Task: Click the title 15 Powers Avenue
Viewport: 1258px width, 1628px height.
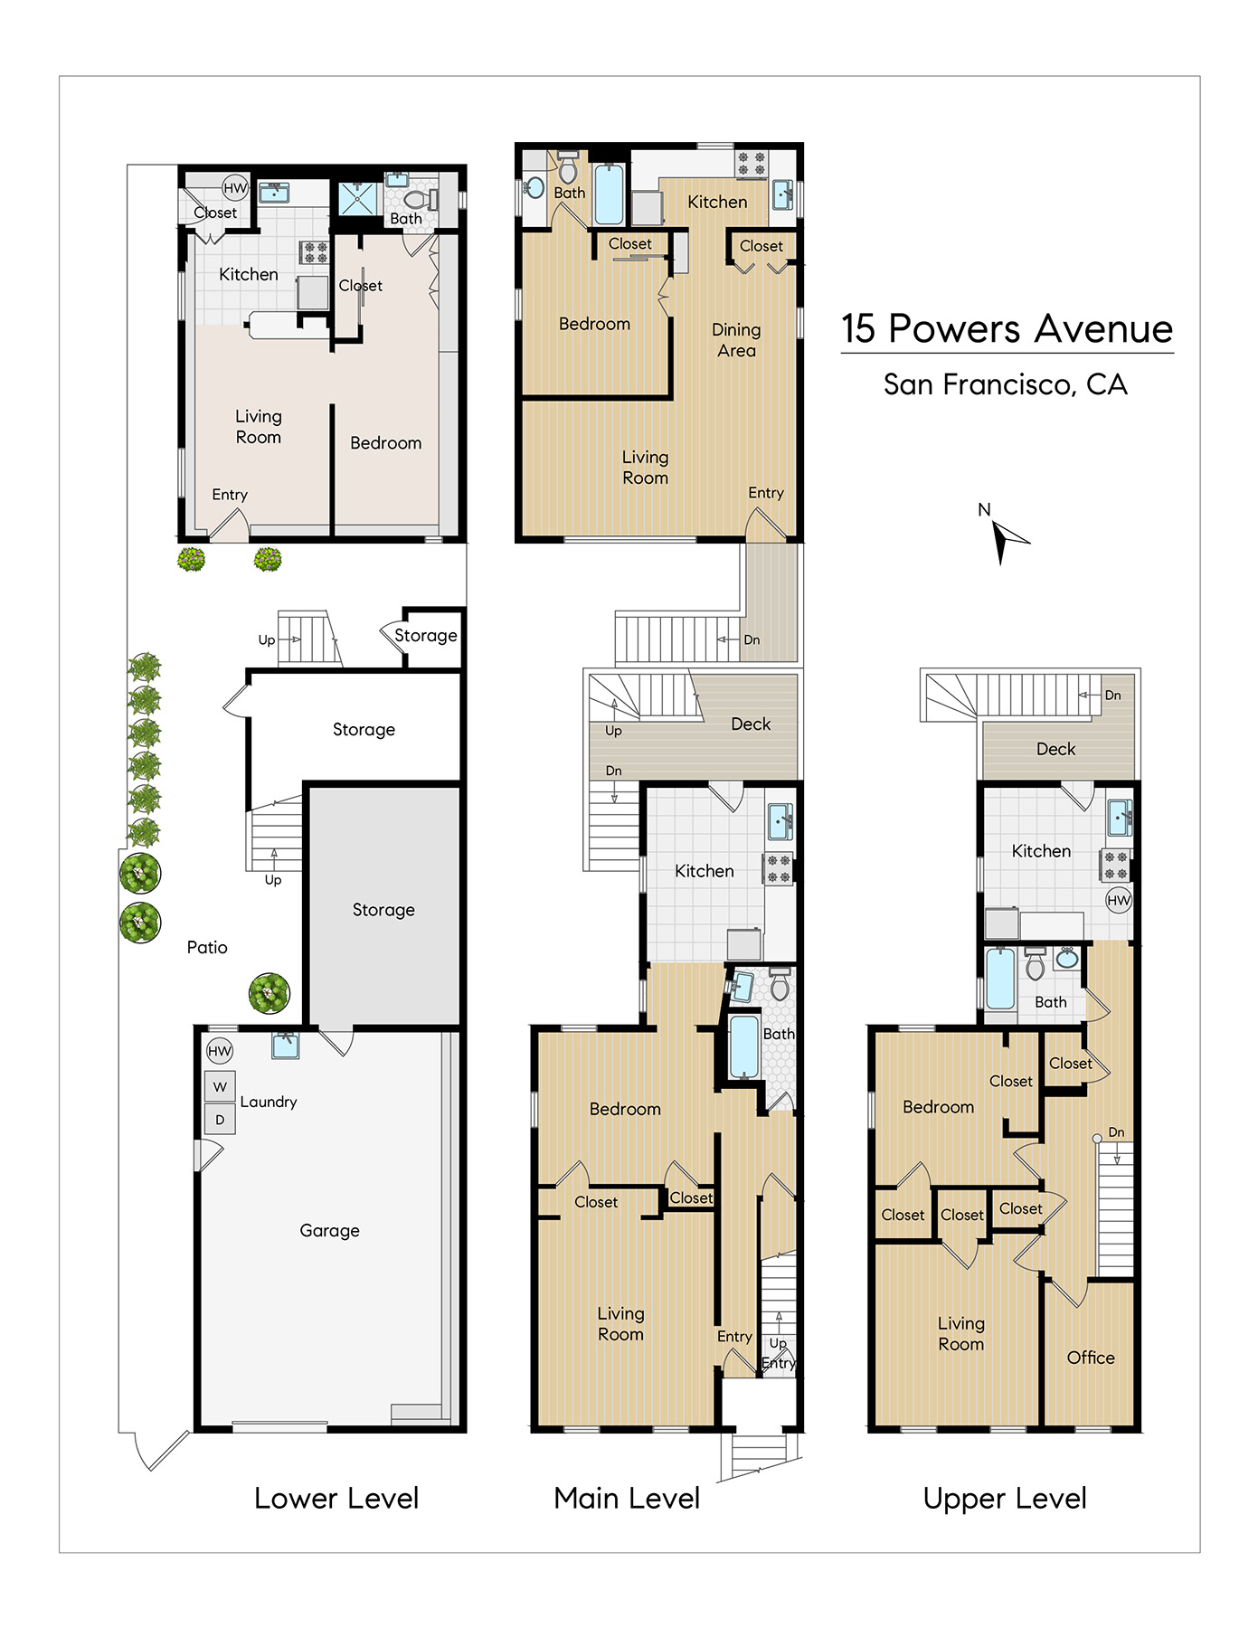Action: pos(1007,329)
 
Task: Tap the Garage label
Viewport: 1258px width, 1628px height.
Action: pos(329,1230)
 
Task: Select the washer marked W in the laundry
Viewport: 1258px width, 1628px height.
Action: pos(220,1086)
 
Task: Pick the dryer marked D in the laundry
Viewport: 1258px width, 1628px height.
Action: pos(220,1119)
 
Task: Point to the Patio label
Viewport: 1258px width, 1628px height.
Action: pos(207,947)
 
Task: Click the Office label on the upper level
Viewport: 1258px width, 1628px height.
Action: pos(1091,1357)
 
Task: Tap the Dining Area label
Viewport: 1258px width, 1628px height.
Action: pos(736,340)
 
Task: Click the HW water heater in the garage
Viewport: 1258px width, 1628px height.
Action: pos(220,1051)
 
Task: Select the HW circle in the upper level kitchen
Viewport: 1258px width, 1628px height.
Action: pos(1119,900)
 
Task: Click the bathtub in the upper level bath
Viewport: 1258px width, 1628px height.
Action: pos(1000,978)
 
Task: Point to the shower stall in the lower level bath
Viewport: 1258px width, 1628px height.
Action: pos(358,199)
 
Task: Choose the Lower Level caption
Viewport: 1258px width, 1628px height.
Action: pos(336,1499)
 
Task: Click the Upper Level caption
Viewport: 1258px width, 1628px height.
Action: pos(1005,1499)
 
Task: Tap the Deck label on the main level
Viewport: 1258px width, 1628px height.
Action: pos(751,724)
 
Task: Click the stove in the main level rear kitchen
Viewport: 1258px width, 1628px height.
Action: pos(778,868)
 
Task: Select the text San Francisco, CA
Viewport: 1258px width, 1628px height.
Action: pos(1006,385)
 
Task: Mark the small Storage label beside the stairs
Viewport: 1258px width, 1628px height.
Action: pos(425,635)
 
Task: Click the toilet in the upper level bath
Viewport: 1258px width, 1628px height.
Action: pos(1036,964)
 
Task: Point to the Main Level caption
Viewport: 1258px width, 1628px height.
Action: pos(627,1499)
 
